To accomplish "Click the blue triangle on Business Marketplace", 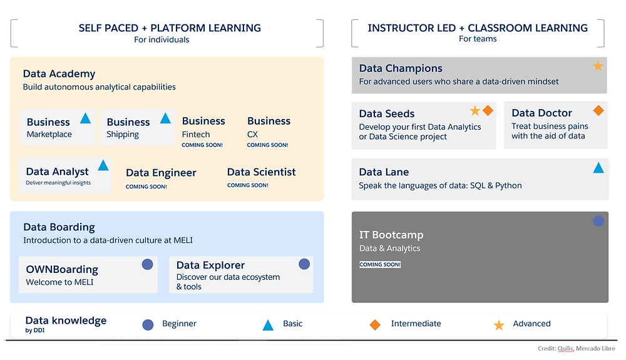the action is pos(85,118).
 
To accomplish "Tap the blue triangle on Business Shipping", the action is pos(165,118).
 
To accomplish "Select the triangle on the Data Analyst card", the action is pos(103,165).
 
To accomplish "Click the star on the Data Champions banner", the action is pos(598,66).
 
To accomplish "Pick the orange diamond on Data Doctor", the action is pos(598,111).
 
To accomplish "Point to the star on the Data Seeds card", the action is pos(475,111).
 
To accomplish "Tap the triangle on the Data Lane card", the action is pos(598,168).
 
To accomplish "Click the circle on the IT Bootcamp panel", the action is pos(598,221).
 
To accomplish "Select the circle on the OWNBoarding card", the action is pos(147,265).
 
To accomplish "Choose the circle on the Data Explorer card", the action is pos(304,264).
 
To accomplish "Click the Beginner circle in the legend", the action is pos(148,325).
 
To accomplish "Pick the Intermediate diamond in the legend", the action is pos(375,325).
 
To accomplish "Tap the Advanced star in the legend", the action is pos(499,325).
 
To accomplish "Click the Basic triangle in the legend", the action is pos(268,326).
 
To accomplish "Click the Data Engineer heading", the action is pos(161,173).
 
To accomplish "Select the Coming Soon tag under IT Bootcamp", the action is pos(380,265).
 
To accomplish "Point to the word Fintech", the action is pos(195,135).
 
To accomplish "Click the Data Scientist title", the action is pos(262,172).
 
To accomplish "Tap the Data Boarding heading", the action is pos(59,227).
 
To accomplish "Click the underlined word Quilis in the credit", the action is pos(565,349).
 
